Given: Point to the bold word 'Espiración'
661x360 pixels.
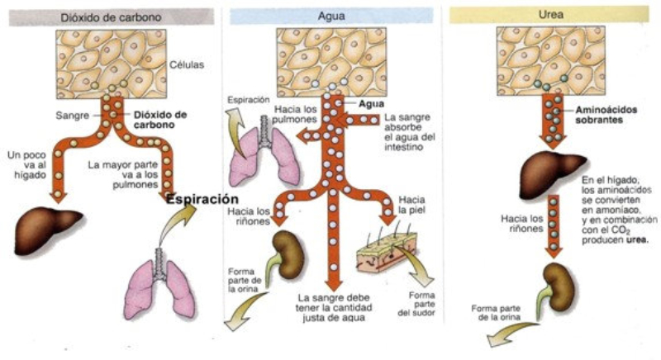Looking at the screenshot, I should tap(202, 200).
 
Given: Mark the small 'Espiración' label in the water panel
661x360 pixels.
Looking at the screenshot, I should tap(249, 99).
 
